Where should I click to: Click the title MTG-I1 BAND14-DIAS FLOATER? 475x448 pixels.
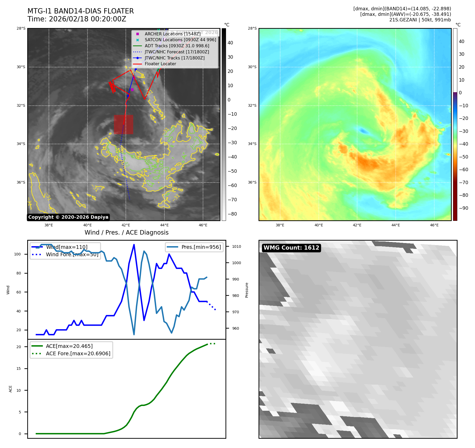tap(81, 11)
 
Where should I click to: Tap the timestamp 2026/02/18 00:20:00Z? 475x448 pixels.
tap(87, 19)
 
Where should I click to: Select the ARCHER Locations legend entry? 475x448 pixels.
tap(172, 34)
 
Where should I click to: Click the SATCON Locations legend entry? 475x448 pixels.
tap(180, 40)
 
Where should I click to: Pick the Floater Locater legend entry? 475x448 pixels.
tap(160, 64)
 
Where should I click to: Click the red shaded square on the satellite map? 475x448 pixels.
tap(123, 124)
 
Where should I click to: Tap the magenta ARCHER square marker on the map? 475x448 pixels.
tap(132, 90)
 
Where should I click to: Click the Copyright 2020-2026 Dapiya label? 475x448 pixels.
tap(68, 217)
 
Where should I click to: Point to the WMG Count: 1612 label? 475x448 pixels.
tap(291, 248)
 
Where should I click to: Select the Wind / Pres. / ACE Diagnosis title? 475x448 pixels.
tap(126, 232)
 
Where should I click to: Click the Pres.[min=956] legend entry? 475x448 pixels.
tap(201, 247)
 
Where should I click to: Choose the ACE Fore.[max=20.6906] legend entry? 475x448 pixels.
tap(78, 353)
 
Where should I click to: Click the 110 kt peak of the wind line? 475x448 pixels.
tap(134, 245)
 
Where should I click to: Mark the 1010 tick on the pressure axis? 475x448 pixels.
tap(236, 246)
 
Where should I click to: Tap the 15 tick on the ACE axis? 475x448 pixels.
tap(19, 368)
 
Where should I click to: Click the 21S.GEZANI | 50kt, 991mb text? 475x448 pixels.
tap(420, 20)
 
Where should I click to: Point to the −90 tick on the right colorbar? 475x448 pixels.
tap(463, 208)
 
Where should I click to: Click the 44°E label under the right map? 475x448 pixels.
tap(395, 225)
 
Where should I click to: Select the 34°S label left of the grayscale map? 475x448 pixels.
tap(21, 144)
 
